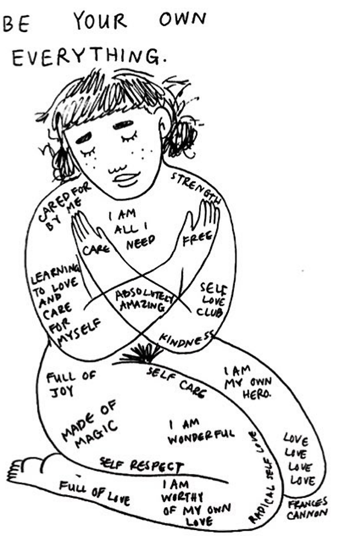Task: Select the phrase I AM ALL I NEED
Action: [x=130, y=228]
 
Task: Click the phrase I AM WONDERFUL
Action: [x=200, y=430]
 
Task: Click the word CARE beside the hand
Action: [x=97, y=248]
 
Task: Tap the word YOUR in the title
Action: [x=101, y=22]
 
